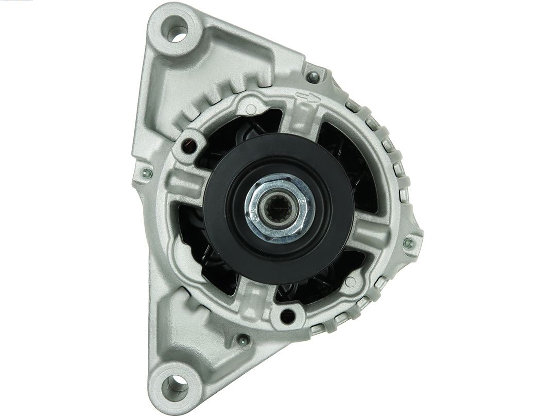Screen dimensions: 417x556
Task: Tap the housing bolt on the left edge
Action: pyautogui.click(x=146, y=173)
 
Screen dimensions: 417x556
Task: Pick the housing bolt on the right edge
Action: pyautogui.click(x=409, y=242)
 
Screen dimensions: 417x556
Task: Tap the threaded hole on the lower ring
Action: pyautogui.click(x=287, y=314)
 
